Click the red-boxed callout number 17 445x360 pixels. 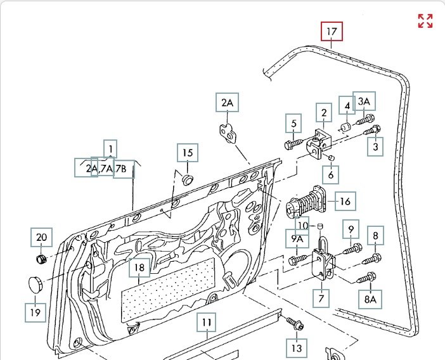[332, 31]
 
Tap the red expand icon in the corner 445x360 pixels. [425, 21]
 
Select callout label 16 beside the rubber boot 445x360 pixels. [345, 201]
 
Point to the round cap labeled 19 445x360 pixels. [35, 284]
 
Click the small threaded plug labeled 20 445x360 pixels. [41, 259]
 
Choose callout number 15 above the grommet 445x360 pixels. [188, 153]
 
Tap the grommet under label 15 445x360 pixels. [187, 179]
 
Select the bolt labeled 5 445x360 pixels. [293, 144]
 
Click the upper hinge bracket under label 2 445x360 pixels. [318, 144]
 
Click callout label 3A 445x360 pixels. [364, 101]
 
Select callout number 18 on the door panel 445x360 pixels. [139, 267]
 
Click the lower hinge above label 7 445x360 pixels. [323, 262]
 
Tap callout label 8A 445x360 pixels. [370, 299]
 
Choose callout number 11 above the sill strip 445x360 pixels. [206, 322]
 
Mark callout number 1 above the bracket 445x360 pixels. [110, 149]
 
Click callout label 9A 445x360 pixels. [297, 238]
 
